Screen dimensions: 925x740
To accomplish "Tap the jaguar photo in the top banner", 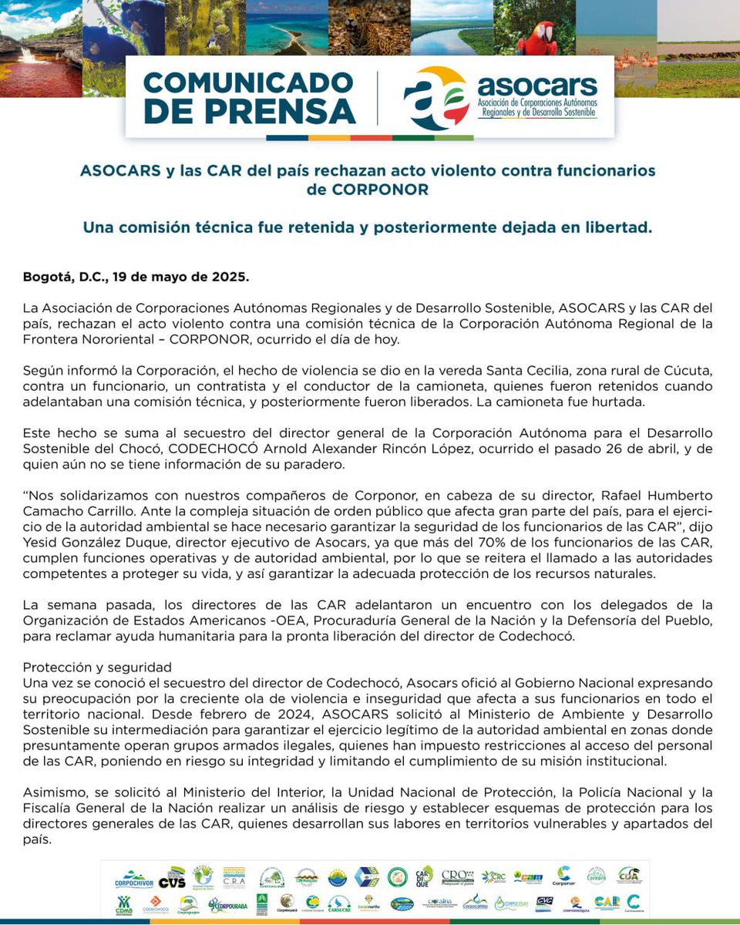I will (x=369, y=27).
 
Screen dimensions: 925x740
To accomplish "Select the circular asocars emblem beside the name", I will (x=436, y=98).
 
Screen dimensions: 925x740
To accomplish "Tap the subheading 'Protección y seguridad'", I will (x=97, y=667).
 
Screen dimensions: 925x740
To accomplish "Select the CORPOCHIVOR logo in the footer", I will (x=134, y=880).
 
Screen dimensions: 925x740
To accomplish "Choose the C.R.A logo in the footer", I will (x=234, y=878).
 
